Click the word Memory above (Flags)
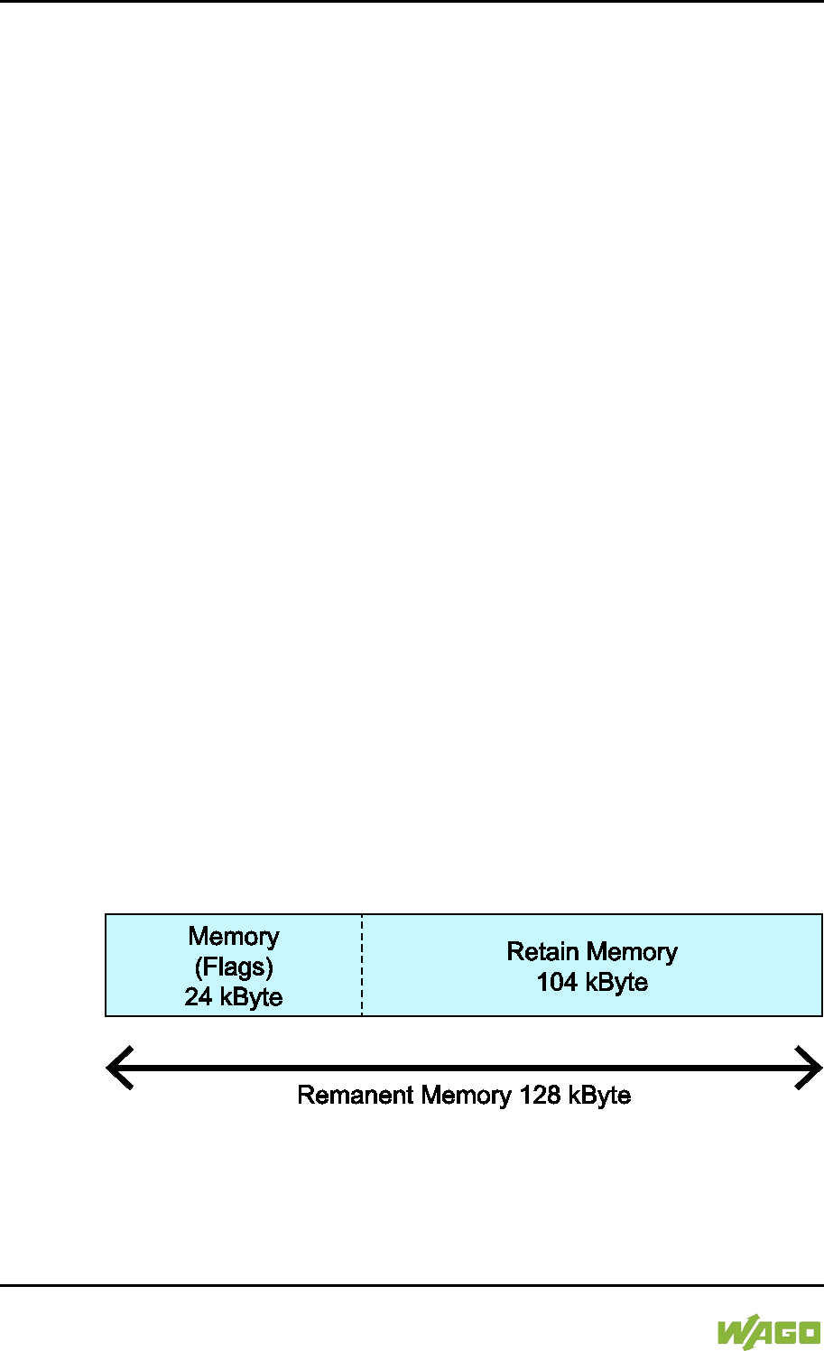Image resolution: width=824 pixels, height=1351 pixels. coord(234,937)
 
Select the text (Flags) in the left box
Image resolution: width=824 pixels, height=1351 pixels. coord(234,967)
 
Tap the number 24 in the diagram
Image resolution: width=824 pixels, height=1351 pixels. coord(199,997)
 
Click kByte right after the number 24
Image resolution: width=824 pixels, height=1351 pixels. coord(249,997)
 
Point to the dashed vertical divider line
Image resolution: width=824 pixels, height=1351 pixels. coord(362,965)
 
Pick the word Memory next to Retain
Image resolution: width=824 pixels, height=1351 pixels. coord(632,952)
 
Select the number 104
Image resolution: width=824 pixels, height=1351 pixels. coord(557,982)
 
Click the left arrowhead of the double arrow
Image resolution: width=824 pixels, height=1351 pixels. coord(117,1068)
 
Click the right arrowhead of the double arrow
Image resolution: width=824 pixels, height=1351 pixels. coord(810,1068)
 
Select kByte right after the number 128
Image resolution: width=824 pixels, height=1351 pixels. coord(598,1096)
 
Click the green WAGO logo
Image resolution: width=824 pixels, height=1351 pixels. coord(769,1333)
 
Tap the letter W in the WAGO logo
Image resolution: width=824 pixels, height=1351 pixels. coord(733,1333)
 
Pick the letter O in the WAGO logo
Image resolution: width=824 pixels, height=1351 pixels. coord(806,1333)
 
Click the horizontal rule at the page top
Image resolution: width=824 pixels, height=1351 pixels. coord(412,1)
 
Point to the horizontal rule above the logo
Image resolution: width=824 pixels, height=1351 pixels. coord(412,1284)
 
